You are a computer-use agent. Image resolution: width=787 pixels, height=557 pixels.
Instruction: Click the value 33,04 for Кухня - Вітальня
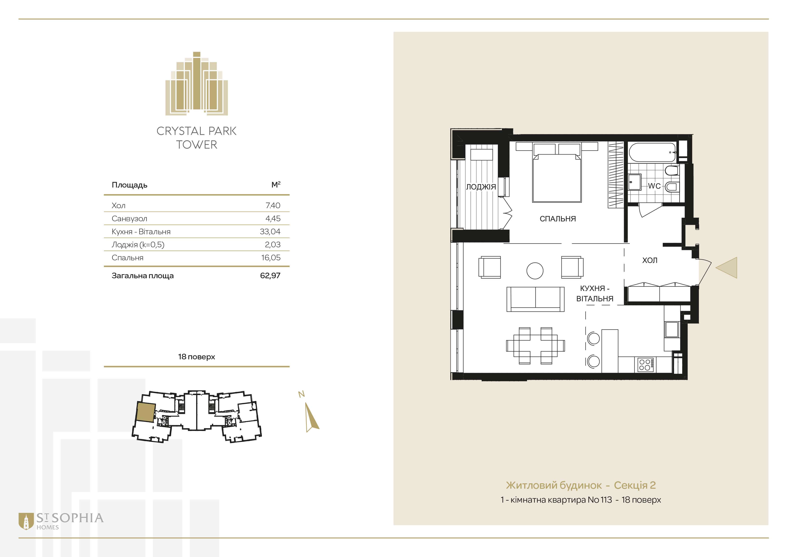point(270,232)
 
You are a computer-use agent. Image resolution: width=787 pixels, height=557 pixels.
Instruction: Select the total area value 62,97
point(270,275)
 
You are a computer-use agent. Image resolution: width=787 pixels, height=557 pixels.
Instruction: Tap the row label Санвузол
point(129,219)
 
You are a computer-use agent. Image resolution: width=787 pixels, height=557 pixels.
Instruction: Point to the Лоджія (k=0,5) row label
point(138,245)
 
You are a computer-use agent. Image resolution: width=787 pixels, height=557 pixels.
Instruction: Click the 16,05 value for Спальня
point(271,258)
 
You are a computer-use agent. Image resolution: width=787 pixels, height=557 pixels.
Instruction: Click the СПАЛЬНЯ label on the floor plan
point(558,219)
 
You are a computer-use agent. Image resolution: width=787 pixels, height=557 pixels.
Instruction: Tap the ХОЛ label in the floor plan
point(649,260)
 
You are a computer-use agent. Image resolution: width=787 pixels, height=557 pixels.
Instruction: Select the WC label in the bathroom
point(654,186)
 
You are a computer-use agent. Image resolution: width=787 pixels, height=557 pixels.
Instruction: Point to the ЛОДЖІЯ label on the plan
point(481,187)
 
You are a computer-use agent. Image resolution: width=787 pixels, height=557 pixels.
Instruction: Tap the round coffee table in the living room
point(535,271)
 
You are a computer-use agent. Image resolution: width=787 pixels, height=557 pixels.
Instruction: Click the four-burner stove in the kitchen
point(645,365)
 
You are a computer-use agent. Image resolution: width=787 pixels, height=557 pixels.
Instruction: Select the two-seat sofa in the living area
point(535,299)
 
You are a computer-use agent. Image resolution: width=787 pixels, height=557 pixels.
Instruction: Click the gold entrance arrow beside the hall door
point(726,267)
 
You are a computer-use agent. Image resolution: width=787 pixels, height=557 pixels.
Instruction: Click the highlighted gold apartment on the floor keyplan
point(145,412)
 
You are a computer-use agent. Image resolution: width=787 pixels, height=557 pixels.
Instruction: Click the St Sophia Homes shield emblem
point(26,521)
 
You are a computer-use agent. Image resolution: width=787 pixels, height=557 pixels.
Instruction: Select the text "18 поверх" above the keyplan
point(196,357)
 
